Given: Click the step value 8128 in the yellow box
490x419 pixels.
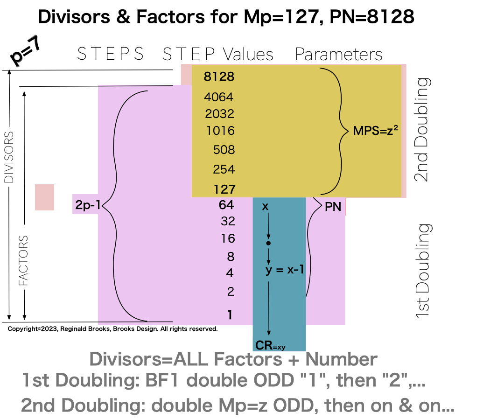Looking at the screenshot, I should tap(219, 77).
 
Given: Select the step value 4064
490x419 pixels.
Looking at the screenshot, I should tap(219, 98).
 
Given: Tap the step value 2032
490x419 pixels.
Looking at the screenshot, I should tap(219, 114).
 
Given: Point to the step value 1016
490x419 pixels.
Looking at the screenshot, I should tap(220, 131).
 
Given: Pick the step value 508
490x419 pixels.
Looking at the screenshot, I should tap(224, 150).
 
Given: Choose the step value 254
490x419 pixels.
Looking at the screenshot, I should tap(224, 169).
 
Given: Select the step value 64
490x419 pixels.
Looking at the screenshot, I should tap(226, 205).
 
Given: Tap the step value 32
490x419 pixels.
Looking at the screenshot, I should tap(228, 221).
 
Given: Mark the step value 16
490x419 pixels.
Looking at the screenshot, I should tap(228, 239).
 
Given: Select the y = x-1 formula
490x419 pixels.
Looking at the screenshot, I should tap(285, 270).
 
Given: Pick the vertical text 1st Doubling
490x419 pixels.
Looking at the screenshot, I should tap(423, 272).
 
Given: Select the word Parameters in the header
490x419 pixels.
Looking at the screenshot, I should tap(339, 55).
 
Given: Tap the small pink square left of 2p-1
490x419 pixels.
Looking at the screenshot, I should tap(45, 197).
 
